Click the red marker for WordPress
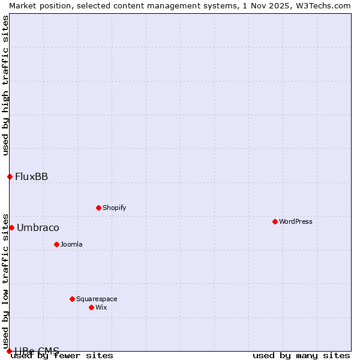275,221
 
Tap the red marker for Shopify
98,208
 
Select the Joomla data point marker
56,244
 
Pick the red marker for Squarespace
72,299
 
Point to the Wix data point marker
91,307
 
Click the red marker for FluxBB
10,176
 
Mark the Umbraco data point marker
11,227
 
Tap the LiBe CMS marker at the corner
9,351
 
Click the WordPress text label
296,221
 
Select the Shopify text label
114,208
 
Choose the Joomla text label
71,244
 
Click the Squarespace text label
97,299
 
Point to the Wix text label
101,307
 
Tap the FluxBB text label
31,176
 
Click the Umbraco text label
38,227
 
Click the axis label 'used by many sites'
301,356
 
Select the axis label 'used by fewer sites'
62,356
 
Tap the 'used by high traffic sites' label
5,85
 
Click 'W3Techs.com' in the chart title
326,5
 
